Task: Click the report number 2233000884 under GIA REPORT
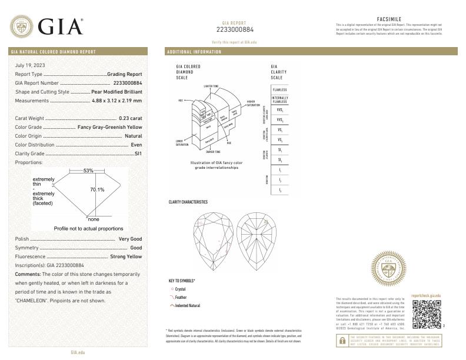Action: (235, 29)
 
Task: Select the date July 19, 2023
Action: (30, 65)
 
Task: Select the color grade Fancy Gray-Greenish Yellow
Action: (109, 127)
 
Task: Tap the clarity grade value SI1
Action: (138, 153)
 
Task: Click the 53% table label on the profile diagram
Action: (88, 171)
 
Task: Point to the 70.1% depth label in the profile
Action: (96, 190)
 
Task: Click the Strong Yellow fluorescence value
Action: (126, 257)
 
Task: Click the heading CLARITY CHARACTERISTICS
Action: (188, 202)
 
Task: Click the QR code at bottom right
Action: (424, 314)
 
